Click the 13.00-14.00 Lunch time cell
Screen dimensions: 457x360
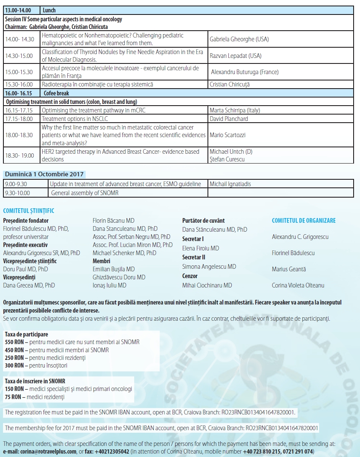coord(22,10)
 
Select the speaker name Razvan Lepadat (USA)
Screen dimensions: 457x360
coord(236,56)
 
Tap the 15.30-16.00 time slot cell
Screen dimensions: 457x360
coord(22,84)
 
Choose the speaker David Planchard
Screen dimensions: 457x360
coord(229,119)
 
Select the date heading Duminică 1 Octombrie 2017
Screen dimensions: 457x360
coord(44,174)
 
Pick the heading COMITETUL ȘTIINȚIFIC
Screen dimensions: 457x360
coord(29,211)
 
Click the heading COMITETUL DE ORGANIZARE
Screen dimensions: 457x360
coord(304,221)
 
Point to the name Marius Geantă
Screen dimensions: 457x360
coord(289,269)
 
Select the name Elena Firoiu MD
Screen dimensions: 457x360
coord(201,248)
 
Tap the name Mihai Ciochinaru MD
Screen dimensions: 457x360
coord(207,285)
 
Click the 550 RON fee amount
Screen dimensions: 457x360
coord(14,342)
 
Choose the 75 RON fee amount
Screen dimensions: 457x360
coord(13,397)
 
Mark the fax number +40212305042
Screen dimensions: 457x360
coord(111,451)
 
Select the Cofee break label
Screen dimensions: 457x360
coord(55,93)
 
